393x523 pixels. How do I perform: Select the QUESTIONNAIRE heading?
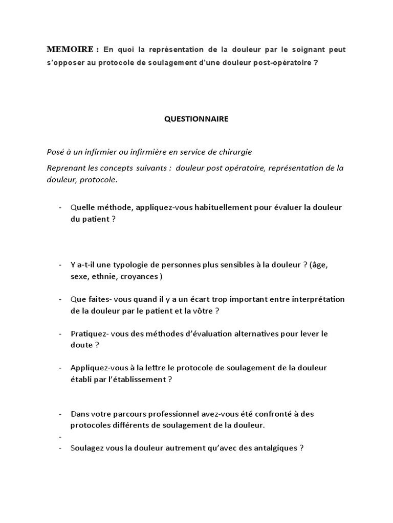(x=196, y=119)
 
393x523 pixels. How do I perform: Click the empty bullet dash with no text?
(x=60, y=437)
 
